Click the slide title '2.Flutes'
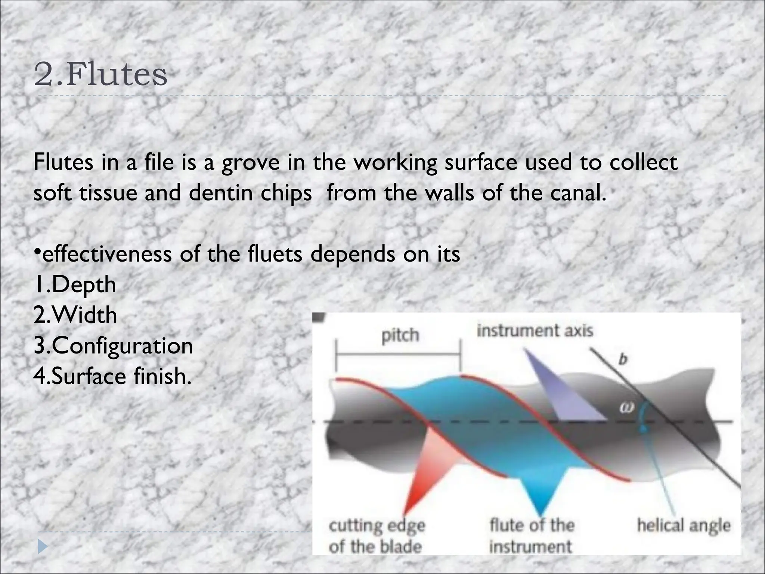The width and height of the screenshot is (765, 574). click(100, 75)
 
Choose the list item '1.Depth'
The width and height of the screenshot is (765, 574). click(75, 285)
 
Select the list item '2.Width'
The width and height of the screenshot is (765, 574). click(75, 315)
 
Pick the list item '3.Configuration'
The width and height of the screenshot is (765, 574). click(113, 346)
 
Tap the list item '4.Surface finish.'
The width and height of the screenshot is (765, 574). click(112, 376)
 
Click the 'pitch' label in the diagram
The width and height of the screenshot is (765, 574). click(400, 335)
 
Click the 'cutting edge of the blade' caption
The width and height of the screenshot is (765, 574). click(377, 536)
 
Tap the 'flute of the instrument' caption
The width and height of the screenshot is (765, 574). click(531, 536)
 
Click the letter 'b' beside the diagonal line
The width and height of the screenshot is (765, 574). click(623, 360)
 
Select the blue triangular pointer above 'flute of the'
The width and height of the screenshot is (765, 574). click(542, 490)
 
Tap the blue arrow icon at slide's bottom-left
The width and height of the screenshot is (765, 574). click(43, 548)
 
